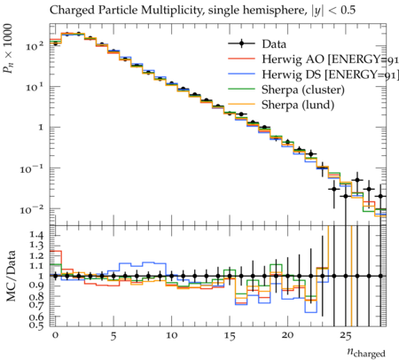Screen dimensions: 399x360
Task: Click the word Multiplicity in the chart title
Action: click(172, 11)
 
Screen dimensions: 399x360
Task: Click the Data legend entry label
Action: click(274, 44)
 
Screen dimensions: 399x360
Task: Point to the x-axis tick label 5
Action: click(113, 336)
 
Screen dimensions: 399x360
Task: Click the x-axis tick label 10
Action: click(171, 336)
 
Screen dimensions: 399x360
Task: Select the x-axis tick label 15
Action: click(230, 336)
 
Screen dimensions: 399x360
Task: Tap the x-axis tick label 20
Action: click(287, 336)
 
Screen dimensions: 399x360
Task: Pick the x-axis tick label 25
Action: click(346, 336)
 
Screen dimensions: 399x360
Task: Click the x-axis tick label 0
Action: click(55, 336)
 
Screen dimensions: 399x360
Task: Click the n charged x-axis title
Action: click(366, 352)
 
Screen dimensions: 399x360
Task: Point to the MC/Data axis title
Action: click(11, 276)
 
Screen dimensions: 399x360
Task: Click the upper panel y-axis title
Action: click(8, 49)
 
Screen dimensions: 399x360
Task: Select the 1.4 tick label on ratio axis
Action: click(36, 235)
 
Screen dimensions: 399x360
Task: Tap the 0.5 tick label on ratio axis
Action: click(36, 325)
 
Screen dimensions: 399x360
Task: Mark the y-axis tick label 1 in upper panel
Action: click(41, 128)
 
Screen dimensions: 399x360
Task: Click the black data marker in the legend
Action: click(241, 44)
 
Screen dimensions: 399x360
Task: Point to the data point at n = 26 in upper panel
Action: click(357, 180)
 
